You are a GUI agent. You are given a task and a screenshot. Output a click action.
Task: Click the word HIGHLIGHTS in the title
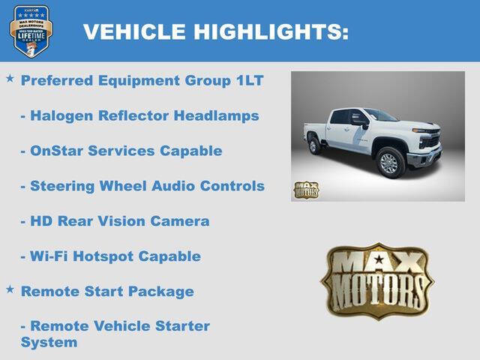271,31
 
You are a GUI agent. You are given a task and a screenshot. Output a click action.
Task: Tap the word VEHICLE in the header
134,31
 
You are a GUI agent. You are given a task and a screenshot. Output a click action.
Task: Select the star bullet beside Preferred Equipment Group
10,78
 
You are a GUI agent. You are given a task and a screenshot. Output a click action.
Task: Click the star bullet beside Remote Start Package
10,289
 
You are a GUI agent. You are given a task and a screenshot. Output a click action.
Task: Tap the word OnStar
56,151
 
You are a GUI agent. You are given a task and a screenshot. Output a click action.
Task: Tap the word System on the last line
49,343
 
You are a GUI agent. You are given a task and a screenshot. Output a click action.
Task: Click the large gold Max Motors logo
378,280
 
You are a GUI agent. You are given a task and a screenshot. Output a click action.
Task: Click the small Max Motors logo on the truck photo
306,190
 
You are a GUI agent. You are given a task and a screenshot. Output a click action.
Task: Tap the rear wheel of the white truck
315,145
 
